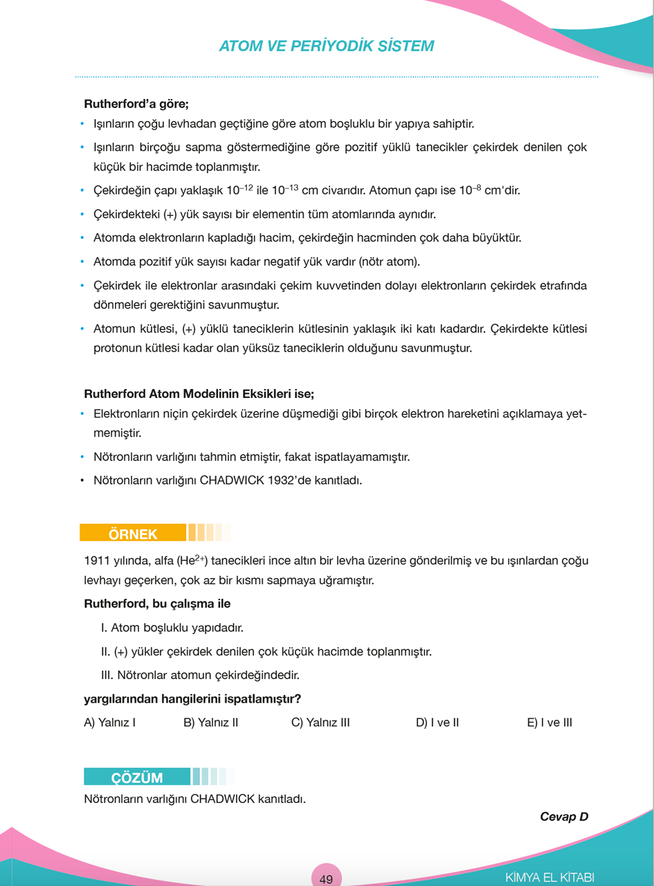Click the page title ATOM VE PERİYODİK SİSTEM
point(326,46)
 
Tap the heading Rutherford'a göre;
point(136,105)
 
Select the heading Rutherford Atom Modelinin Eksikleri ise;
point(199,394)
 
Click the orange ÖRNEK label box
point(133,534)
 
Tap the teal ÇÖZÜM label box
point(137,777)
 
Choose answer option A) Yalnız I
point(109,723)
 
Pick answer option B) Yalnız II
point(211,723)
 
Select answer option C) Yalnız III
point(320,723)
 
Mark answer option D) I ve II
point(437,723)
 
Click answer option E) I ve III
point(549,723)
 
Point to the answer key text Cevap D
point(563,817)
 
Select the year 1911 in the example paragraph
point(96,561)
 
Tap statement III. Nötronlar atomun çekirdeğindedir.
point(200,674)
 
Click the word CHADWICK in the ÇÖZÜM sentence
point(223,799)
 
